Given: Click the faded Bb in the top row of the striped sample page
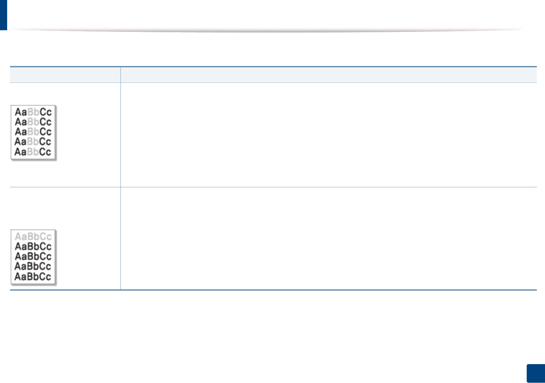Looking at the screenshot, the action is click(x=33, y=112).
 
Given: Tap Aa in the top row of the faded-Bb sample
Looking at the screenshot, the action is click(x=21, y=112).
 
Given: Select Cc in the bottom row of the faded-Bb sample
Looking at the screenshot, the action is click(x=45, y=152).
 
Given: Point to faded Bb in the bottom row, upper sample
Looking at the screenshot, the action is click(x=33, y=152).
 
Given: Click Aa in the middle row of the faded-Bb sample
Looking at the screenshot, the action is click(x=21, y=132).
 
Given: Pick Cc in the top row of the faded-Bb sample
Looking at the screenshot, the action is click(x=45, y=112).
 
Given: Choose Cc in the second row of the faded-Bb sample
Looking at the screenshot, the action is click(x=45, y=122).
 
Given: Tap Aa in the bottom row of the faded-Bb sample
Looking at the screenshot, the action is click(x=21, y=152).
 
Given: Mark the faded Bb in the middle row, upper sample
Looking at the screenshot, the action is click(x=33, y=132).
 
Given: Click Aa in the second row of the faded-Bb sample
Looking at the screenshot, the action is click(x=21, y=122).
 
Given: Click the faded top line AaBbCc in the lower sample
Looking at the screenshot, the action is click(x=33, y=236).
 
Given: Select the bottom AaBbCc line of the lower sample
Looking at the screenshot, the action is click(x=33, y=277).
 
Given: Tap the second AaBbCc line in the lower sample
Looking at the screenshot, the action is click(x=33, y=246).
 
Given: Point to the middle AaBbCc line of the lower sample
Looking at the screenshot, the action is click(x=33, y=257).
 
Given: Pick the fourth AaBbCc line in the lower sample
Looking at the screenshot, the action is click(x=33, y=267).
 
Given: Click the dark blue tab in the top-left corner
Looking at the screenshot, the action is click(x=3, y=15).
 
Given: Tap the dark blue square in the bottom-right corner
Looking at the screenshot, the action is click(x=536, y=373).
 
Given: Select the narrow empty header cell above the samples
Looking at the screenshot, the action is click(x=65, y=75).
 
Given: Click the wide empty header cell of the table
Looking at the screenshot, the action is click(x=328, y=75).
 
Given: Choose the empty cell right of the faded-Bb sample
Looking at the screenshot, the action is click(x=328, y=135).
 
